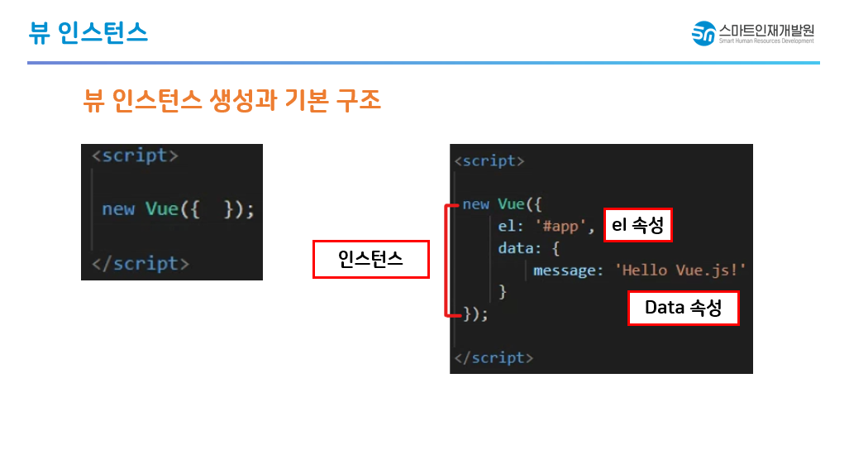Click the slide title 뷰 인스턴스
point(88,31)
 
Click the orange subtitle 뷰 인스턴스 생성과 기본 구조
point(232,100)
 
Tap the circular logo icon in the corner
point(704,33)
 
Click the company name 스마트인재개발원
point(766,29)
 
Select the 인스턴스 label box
point(370,259)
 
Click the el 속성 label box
point(637,225)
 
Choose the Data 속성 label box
point(683,308)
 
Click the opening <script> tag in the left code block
point(135,156)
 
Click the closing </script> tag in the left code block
point(141,263)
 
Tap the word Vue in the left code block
point(162,209)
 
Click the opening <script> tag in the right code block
point(489,160)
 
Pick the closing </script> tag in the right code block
point(494,357)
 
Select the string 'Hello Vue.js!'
point(680,270)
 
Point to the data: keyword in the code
point(518,248)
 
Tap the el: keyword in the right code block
point(509,226)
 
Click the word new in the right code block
point(475,203)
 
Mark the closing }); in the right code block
point(475,314)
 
